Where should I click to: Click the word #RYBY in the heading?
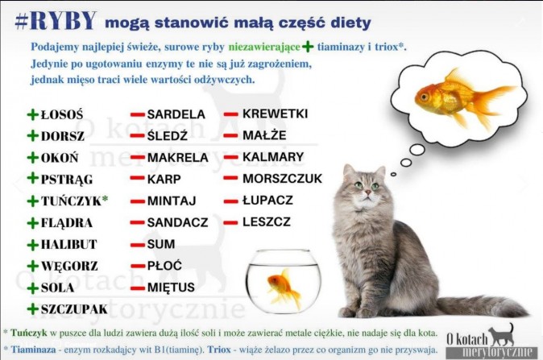pyautogui.click(x=56, y=21)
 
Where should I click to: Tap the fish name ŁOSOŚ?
pyautogui.click(x=62, y=114)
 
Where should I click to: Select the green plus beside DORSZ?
pyautogui.click(x=32, y=135)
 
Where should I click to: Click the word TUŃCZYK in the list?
pyautogui.click(x=71, y=201)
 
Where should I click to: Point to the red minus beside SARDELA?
pyautogui.click(x=137, y=114)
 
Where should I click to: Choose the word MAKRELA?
pyautogui.click(x=178, y=158)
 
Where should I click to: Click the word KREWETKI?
pyautogui.click(x=275, y=114)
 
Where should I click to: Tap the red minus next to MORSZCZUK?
pyautogui.click(x=230, y=178)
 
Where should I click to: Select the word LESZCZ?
pyautogui.click(x=267, y=221)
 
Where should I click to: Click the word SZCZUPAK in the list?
pyautogui.click(x=74, y=309)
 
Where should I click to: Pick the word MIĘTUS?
pyautogui.click(x=171, y=287)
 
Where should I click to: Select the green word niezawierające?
pyautogui.click(x=264, y=47)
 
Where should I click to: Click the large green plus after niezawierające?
pyautogui.click(x=308, y=47)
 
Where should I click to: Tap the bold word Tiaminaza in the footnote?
pyautogui.click(x=33, y=350)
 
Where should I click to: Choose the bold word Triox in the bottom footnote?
pyautogui.click(x=219, y=350)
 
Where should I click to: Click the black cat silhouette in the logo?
pyautogui.click(x=502, y=335)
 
